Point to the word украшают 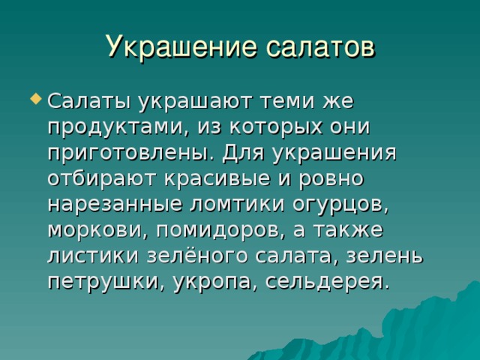pos(195,102)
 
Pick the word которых pos(276,127)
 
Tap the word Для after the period pos(243,153)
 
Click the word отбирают pos(102,178)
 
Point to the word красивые pos(217,178)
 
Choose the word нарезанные pos(115,205)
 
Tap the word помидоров pos(218,230)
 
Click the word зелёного pos(196,256)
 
